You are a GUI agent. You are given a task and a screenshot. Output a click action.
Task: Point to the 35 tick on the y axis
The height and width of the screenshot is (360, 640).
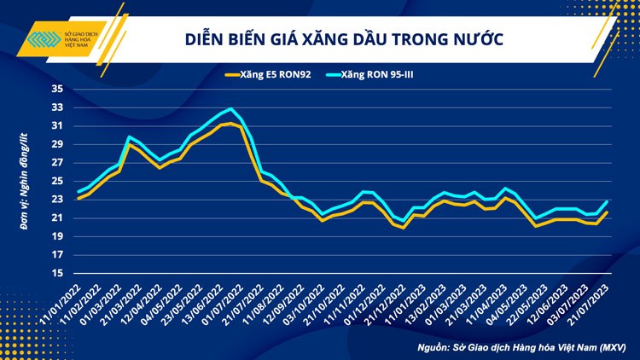[x=57, y=89]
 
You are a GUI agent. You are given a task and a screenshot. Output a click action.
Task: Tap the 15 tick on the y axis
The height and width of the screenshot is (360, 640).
[x=57, y=273]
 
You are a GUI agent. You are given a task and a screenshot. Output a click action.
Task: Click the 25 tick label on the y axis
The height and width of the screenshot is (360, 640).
[x=57, y=181]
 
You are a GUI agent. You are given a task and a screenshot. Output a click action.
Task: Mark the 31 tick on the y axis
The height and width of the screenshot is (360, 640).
[x=57, y=125]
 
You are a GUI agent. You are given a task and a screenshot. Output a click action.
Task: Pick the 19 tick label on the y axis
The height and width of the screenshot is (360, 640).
[x=57, y=236]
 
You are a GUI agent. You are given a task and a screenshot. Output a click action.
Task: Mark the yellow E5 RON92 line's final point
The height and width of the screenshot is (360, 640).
[x=607, y=212]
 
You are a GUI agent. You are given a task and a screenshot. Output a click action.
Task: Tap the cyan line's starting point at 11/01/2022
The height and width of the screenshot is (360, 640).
[x=79, y=191]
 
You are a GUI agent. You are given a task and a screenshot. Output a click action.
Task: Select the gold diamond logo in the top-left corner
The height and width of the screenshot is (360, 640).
[x=39, y=41]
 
